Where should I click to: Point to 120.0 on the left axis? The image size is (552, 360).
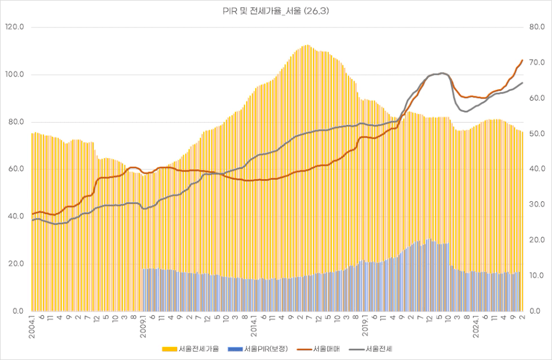14,27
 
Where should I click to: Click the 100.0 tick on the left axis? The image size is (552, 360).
14,75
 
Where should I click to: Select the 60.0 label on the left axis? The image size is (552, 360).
15,169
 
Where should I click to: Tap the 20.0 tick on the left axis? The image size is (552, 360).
15,264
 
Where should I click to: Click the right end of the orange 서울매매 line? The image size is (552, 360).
522,60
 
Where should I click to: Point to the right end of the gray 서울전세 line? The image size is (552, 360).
522,83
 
